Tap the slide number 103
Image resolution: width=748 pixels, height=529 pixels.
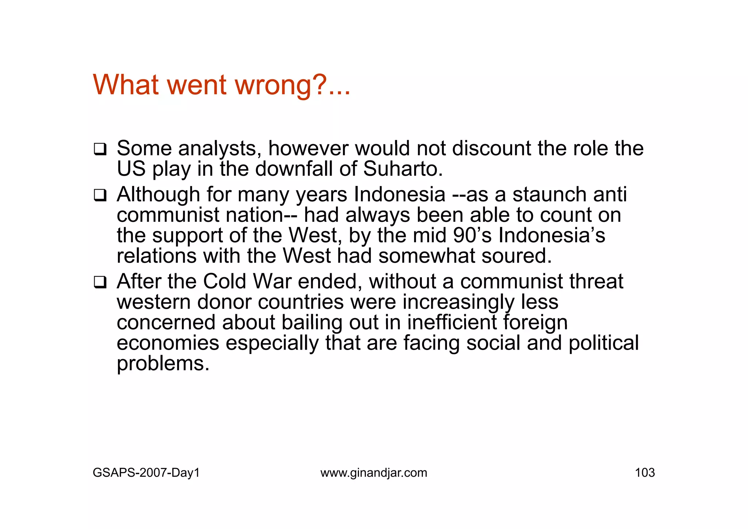645,473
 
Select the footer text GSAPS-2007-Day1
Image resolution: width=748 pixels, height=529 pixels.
146,473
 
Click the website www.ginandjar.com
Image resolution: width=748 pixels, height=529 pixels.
374,473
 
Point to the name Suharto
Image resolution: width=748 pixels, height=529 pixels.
402,169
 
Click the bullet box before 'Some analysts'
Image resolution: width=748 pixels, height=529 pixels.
100,149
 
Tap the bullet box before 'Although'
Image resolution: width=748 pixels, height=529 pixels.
100,195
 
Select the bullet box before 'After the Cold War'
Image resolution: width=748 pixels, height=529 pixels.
100,282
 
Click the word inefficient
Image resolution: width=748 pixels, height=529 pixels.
452,323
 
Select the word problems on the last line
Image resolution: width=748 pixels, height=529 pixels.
163,364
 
